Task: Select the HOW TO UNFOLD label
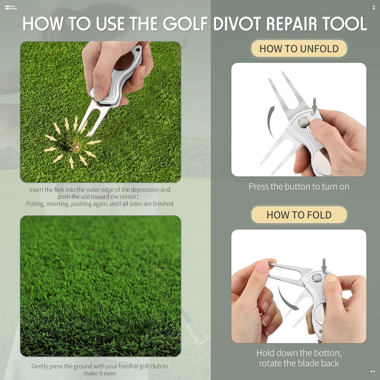299,49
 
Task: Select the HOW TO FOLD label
299,215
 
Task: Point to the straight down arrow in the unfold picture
315,104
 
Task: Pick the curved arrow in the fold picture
287,299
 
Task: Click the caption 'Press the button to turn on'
299,186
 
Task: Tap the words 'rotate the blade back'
299,363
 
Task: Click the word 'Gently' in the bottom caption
39,366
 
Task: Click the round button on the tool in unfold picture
303,121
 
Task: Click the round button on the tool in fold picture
317,277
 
